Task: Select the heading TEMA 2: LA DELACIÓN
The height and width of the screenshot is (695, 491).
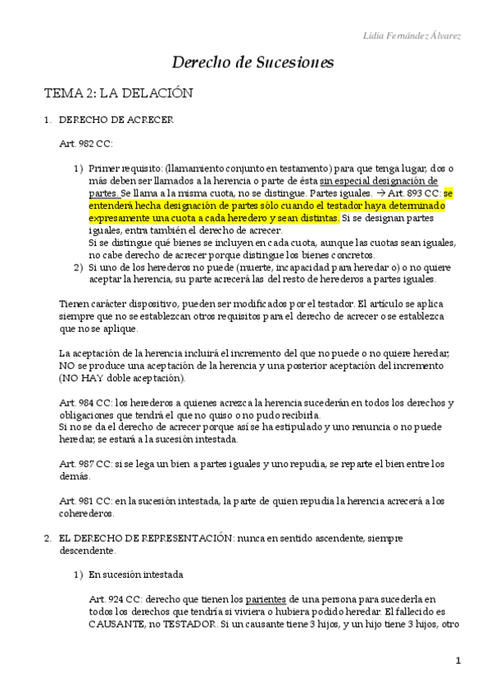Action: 118,93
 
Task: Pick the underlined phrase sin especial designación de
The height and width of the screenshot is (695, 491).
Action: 379,179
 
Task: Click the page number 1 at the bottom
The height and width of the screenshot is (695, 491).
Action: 459,661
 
